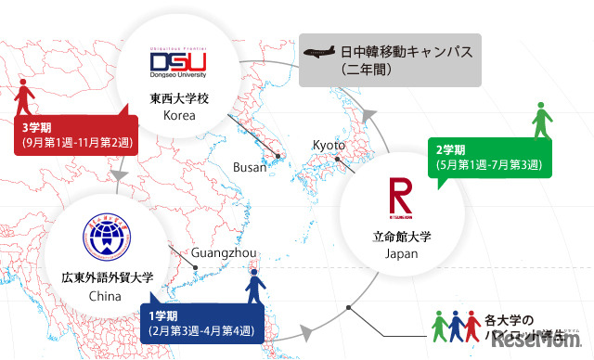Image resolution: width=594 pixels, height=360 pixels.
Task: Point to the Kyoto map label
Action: [x=329, y=146]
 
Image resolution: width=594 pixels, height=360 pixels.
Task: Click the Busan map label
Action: [x=251, y=166]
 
